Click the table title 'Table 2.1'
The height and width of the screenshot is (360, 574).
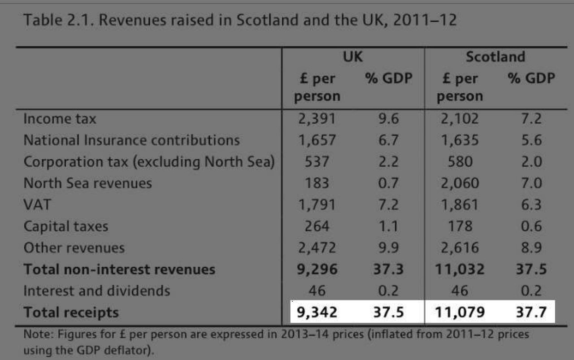coord(50,20)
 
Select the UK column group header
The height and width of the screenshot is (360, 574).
coord(352,57)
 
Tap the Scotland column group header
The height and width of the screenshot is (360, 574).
coord(495,57)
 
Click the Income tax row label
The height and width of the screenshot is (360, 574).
coord(60,119)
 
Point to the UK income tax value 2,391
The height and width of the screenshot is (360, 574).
coord(317,119)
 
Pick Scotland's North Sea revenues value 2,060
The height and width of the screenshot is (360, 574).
coord(460,183)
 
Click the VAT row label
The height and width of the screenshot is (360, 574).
coord(37,205)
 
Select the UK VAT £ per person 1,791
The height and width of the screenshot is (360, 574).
coord(317,205)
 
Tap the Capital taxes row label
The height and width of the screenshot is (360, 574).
coord(66,226)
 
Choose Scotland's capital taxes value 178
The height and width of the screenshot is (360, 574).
coord(460,226)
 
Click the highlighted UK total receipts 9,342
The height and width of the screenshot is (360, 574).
coord(317,312)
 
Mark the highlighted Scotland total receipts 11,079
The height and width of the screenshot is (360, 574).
coord(460,312)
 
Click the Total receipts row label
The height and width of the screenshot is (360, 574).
coord(71,312)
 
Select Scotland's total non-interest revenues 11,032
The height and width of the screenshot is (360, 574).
coord(460,269)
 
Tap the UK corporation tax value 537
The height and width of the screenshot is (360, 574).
coord(317,162)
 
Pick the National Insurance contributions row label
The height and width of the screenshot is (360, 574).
coord(131,140)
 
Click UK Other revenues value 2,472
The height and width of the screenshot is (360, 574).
coord(317,248)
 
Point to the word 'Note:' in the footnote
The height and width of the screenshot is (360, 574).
coord(35,334)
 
